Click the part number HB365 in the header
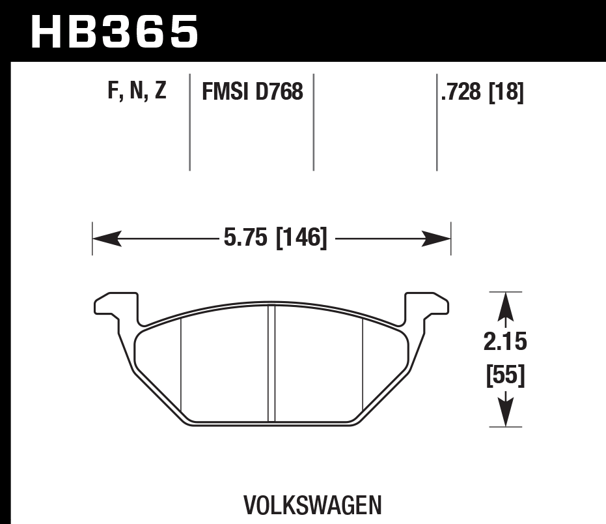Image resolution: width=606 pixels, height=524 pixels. click(115, 31)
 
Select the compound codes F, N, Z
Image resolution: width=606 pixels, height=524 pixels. click(137, 92)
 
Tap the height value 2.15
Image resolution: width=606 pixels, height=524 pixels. click(505, 341)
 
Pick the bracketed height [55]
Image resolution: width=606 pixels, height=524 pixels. click(505, 376)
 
